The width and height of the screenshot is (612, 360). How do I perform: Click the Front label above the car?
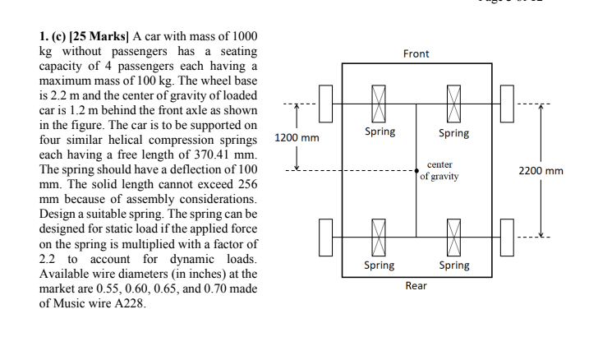416,54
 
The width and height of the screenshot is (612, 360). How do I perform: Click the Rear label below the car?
416,286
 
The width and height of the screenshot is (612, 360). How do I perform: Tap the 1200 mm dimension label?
297,137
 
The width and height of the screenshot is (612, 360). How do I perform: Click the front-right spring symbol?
453,104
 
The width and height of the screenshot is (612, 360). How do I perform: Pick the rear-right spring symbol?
453,237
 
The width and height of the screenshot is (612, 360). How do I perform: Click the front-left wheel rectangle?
327,104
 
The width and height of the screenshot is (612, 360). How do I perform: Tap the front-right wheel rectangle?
505,104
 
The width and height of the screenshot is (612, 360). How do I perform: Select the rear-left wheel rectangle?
327,237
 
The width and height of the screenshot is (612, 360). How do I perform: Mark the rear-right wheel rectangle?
505,237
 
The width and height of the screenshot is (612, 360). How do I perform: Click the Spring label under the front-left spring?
379,132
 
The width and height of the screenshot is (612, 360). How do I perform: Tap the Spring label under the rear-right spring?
453,265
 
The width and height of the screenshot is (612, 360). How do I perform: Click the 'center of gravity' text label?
439,171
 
